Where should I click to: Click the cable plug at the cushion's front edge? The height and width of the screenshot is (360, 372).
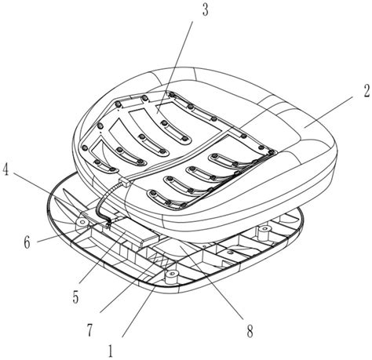tap(122, 183)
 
